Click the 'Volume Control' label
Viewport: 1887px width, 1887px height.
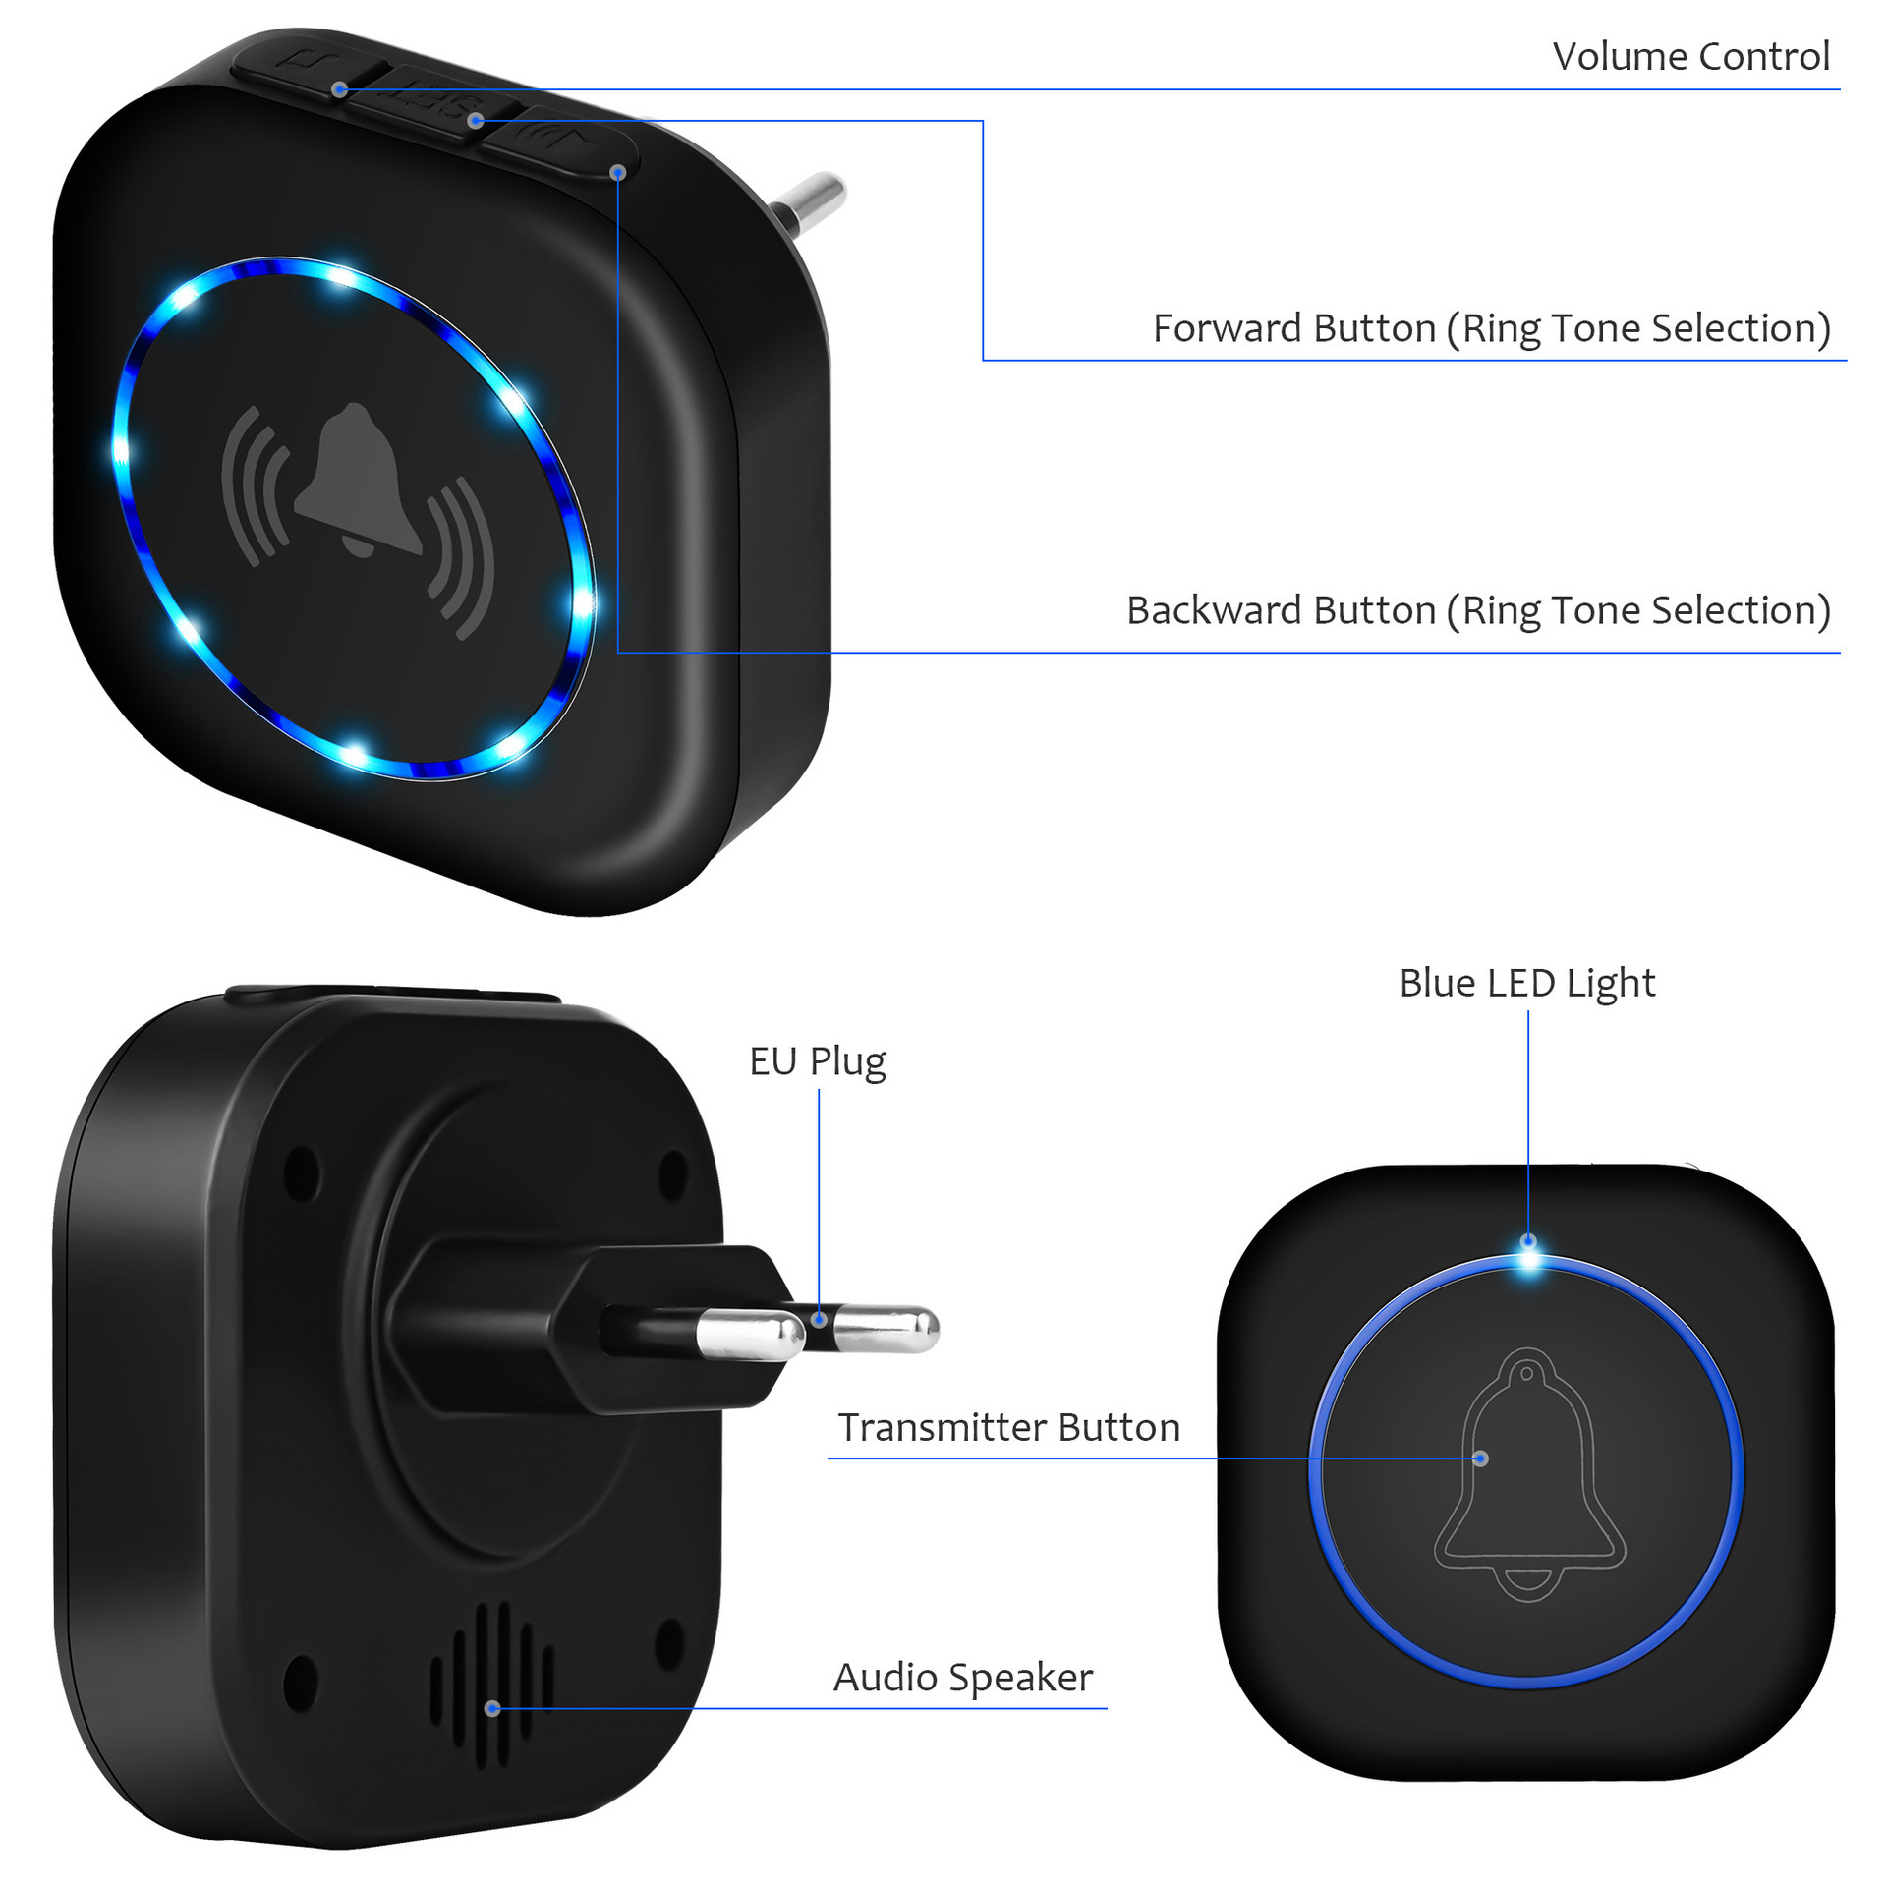1690,57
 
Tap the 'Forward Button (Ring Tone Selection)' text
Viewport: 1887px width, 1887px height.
1492,329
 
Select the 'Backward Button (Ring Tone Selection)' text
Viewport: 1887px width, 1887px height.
1478,611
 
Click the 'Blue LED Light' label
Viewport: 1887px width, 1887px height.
1527,983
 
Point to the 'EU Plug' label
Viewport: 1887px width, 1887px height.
818,1062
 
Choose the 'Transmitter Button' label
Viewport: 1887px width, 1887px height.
1008,1428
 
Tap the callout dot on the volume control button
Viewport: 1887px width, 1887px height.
339,89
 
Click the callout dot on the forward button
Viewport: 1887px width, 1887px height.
476,121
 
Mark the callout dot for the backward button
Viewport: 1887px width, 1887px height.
618,173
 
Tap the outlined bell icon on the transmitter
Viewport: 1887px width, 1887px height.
1529,1473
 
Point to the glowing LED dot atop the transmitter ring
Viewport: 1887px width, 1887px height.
1528,1248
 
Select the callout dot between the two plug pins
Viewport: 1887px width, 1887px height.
819,1319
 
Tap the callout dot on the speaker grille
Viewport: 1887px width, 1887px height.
492,1708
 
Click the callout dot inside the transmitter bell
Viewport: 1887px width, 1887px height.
1481,1458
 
